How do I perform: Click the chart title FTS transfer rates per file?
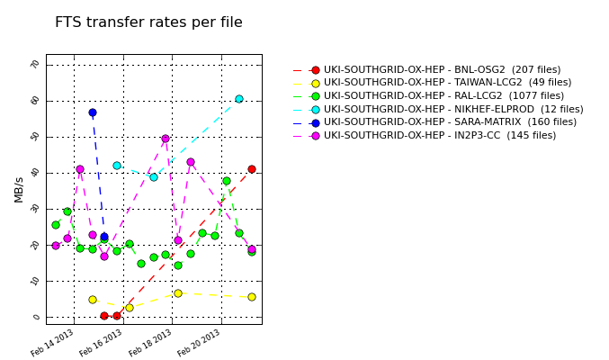pos(148,22)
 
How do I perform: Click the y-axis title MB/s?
pos(19,189)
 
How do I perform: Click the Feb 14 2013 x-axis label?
pos(53,342)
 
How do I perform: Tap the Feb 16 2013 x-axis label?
pos(102,342)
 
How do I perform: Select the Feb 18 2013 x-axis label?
pos(151,342)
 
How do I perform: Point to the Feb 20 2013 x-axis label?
pos(200,342)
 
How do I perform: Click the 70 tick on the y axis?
pos(36,65)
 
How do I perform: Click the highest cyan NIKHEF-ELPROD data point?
pos(239,99)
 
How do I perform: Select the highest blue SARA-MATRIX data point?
pos(93,112)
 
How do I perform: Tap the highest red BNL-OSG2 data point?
pos(252,169)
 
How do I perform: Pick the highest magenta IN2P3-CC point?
pos(166,139)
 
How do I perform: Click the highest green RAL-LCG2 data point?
pos(227,181)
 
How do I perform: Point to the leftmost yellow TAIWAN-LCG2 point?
pos(93,300)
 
